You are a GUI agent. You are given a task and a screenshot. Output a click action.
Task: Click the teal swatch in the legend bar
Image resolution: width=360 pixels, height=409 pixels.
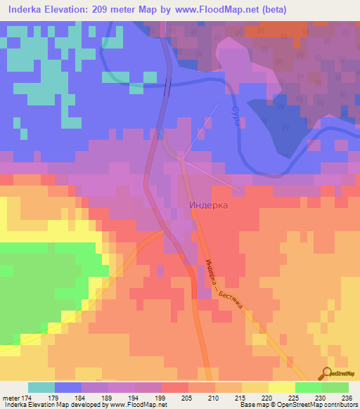[x=41, y=387]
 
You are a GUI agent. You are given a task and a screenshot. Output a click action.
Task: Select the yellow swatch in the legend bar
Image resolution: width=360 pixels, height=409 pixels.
[x=281, y=387]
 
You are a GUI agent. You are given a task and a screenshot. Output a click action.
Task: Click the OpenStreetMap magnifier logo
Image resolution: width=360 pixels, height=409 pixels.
[x=326, y=373]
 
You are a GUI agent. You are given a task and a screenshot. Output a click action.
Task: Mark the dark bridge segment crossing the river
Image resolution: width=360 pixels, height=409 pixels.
[x=167, y=88]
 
